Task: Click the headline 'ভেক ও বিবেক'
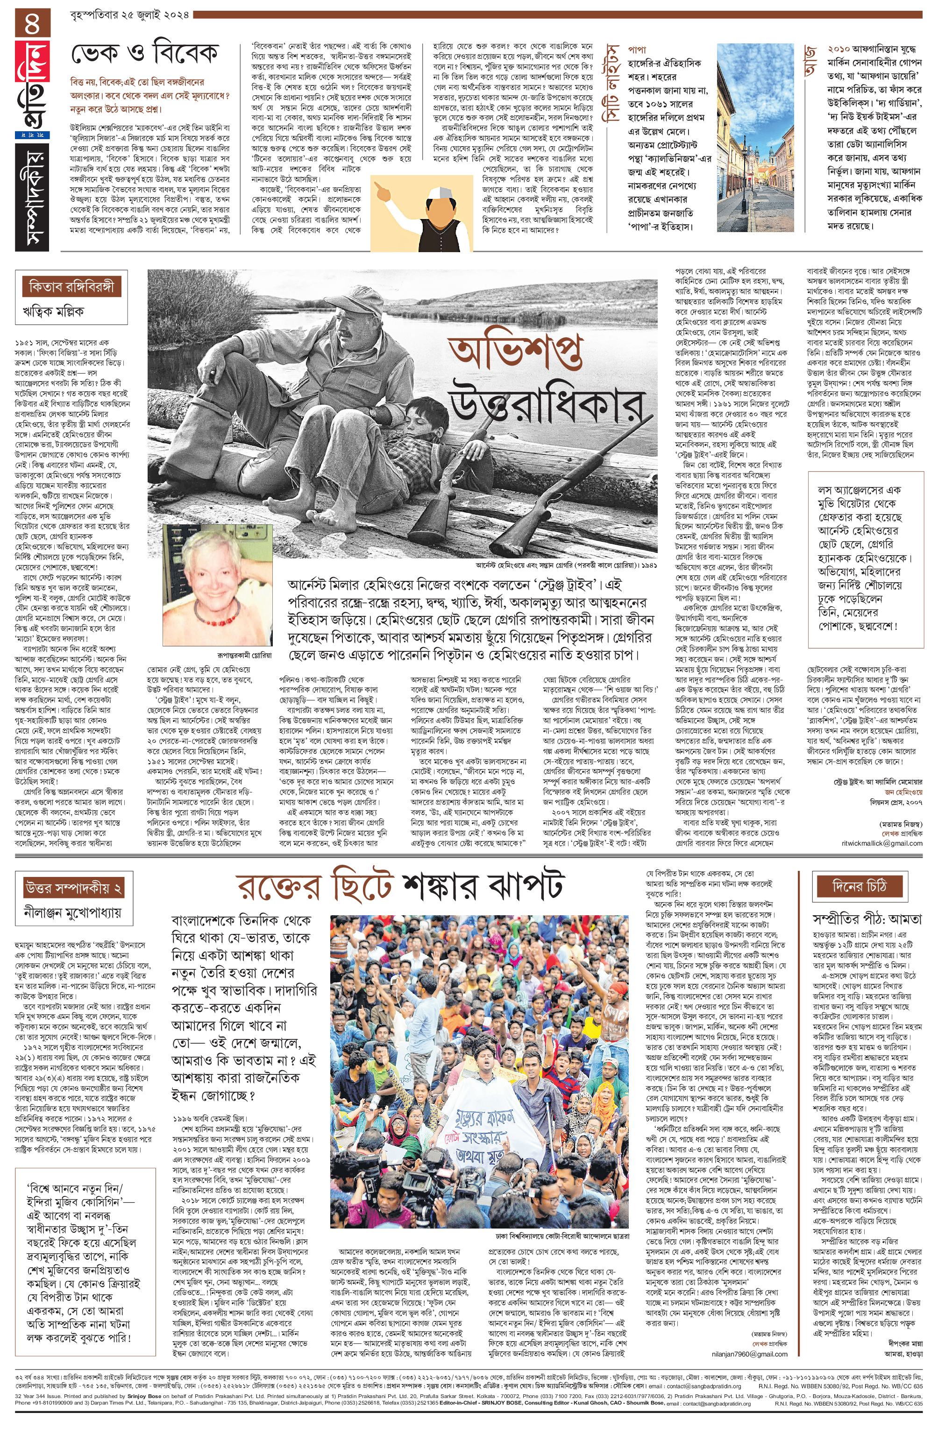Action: click(145, 55)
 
